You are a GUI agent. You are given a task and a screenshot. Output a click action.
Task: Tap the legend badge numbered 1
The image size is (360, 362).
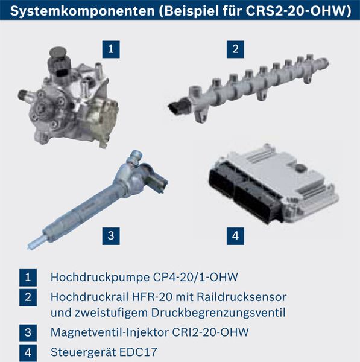[28, 278]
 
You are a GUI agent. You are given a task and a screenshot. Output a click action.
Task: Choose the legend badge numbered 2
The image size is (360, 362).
[28, 297]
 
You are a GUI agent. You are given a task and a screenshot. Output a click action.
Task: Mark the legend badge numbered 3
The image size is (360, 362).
[28, 331]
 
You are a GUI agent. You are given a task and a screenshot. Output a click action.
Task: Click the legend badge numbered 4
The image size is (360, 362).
[28, 351]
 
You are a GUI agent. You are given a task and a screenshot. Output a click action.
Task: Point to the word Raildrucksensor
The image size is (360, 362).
[243, 297]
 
